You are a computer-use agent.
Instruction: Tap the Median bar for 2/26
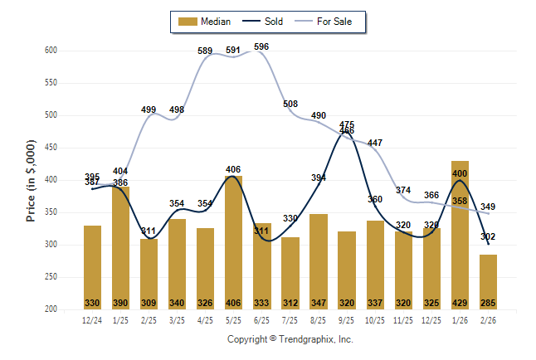point(489,282)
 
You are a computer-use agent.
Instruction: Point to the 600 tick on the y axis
point(50,51)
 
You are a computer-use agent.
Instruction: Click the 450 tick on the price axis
point(50,148)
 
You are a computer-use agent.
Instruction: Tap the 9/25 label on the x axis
point(347,319)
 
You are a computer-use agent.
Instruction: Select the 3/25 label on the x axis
point(177,319)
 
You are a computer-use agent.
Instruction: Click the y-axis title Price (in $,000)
point(31,180)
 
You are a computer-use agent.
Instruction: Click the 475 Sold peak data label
point(347,124)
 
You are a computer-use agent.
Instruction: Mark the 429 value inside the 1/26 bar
point(460,302)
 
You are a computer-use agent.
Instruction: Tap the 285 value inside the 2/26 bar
point(489,302)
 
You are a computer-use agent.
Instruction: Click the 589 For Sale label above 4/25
point(206,51)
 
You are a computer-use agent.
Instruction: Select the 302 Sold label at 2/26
point(489,236)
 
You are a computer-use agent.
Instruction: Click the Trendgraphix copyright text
point(290,339)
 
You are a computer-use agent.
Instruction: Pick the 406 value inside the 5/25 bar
point(233,302)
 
